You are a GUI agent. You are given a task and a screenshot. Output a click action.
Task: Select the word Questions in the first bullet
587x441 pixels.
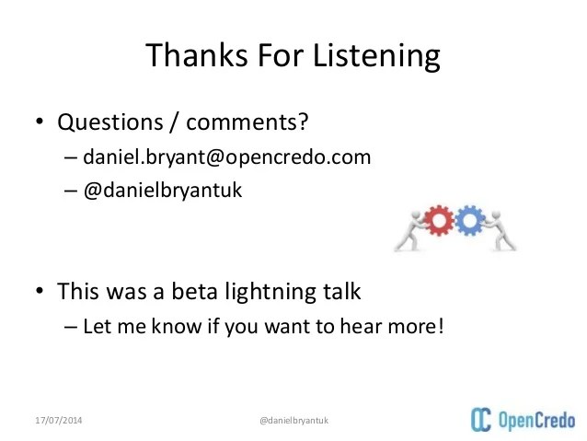point(106,122)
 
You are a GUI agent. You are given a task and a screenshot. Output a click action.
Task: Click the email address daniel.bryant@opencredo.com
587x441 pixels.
point(226,157)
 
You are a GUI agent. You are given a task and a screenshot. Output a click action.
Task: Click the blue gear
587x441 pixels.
point(470,220)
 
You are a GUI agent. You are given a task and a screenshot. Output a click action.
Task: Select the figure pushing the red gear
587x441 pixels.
point(406,227)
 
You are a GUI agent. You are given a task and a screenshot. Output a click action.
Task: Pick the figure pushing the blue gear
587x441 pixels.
point(501,230)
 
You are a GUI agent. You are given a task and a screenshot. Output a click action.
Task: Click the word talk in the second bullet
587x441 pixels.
point(340,292)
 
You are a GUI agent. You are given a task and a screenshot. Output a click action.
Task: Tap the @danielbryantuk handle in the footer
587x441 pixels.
point(294,421)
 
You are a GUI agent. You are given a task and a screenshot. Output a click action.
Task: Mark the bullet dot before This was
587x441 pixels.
point(40,293)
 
